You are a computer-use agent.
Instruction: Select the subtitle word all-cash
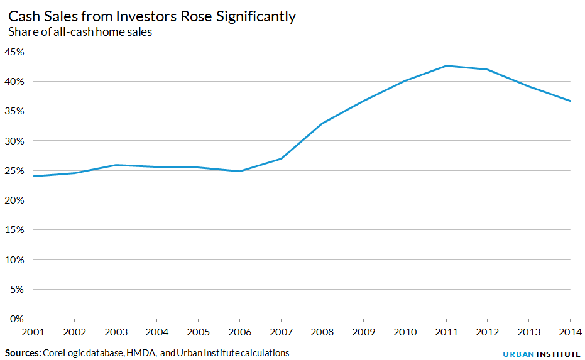click(x=79, y=33)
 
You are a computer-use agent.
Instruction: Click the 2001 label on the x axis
click(x=33, y=331)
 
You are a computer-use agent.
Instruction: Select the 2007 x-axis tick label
click(x=281, y=331)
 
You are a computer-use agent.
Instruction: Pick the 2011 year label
click(x=446, y=331)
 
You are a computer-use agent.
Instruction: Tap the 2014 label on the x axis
click(x=569, y=331)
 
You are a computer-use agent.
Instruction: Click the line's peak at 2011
click(x=446, y=65)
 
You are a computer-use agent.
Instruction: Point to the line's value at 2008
click(x=322, y=123)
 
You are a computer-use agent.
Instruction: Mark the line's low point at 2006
click(x=239, y=171)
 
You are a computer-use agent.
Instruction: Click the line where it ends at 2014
click(x=570, y=101)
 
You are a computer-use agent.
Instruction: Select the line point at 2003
click(x=116, y=165)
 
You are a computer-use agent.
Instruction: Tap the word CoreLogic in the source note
click(x=65, y=353)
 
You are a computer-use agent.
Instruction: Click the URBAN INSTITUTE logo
click(x=541, y=354)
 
